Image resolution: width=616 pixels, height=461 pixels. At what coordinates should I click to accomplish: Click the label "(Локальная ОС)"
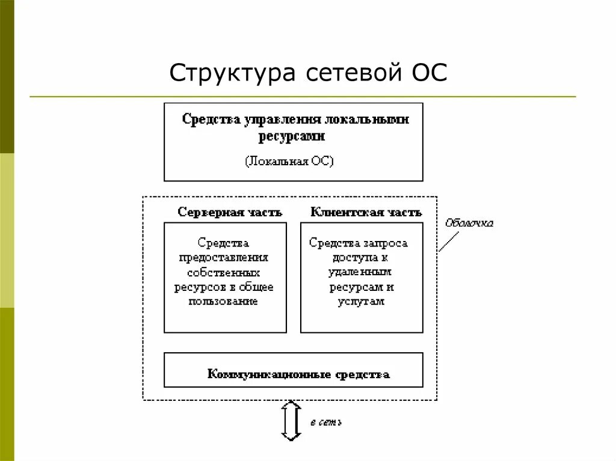289,162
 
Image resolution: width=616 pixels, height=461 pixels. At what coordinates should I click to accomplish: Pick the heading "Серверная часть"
230,212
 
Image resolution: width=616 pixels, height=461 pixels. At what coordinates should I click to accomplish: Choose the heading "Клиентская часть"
366,212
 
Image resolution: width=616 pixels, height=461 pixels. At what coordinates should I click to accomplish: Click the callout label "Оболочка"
469,224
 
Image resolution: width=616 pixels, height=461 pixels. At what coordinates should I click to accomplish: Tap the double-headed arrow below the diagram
291,421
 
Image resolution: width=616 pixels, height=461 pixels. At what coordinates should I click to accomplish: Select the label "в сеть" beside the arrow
326,423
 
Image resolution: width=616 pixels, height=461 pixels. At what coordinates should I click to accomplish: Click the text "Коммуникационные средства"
298,374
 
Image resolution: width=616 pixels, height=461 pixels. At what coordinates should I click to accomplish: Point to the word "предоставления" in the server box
224,258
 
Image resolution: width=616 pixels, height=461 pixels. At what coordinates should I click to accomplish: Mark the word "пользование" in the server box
223,302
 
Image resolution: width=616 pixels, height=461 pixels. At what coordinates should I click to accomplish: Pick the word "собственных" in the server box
224,272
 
